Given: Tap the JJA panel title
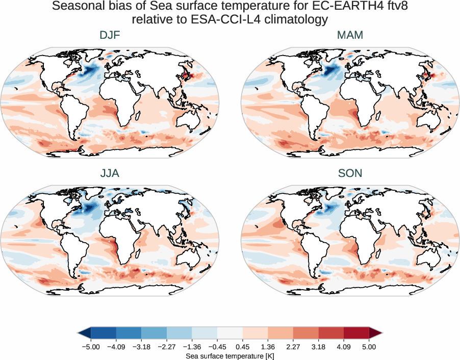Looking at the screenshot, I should pos(110,173).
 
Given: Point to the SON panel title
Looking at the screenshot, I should pos(349,173).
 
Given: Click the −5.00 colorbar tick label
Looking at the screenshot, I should pos(90,347).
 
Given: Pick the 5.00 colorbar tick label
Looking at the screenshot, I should pos(369,347).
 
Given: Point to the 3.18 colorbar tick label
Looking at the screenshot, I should pos(318,347).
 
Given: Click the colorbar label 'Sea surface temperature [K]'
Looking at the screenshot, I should pos(230,355).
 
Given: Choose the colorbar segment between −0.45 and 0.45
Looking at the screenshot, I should pos(230,333).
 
